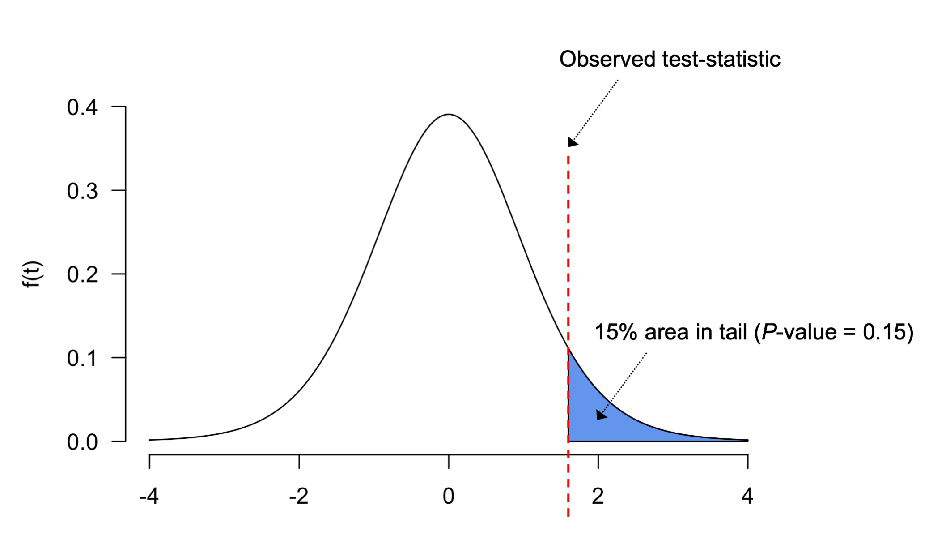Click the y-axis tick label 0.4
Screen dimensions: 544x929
82,108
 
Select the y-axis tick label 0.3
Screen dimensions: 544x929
82,192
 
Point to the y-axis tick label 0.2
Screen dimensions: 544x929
82,275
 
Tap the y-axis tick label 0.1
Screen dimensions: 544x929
82,359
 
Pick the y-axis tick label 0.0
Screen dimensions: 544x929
82,442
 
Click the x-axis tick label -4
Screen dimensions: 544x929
149,497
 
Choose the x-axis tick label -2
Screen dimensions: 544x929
298,497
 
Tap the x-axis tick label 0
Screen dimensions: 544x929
448,497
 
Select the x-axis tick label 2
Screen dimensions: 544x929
598,497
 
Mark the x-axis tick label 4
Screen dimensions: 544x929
747,497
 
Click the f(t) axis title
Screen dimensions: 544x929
33,274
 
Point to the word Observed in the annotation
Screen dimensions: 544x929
607,60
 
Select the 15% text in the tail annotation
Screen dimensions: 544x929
615,333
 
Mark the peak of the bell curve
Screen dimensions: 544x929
449,115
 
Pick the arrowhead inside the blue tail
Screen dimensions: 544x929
601,415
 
